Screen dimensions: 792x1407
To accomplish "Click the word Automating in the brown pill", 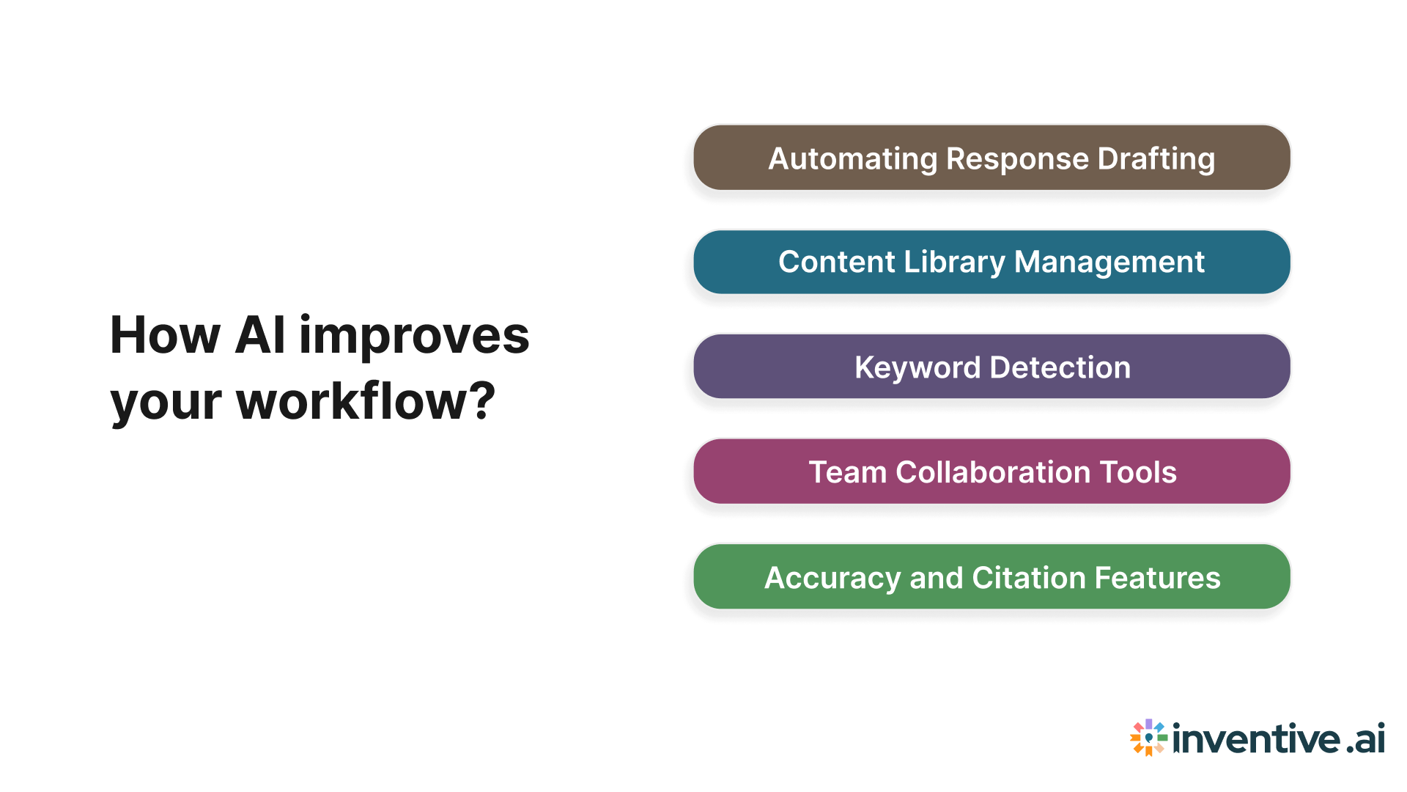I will (x=852, y=159).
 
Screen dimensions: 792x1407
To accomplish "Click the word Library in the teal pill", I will (x=954, y=263).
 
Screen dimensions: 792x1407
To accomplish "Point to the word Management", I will (x=1109, y=263).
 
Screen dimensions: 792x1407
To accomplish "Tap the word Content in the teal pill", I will (x=836, y=263).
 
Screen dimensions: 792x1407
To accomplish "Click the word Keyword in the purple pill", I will (x=917, y=367).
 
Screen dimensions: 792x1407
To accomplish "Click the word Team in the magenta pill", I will (x=847, y=472).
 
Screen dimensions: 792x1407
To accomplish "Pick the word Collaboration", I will (x=983, y=472).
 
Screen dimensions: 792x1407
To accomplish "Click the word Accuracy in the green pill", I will (x=832, y=578).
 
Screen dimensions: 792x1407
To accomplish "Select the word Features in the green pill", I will (x=1157, y=578).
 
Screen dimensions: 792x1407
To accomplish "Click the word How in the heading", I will (x=165, y=336).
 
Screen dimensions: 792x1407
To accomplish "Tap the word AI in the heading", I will (x=260, y=336).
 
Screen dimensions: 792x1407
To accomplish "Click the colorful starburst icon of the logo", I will (x=1148, y=737).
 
